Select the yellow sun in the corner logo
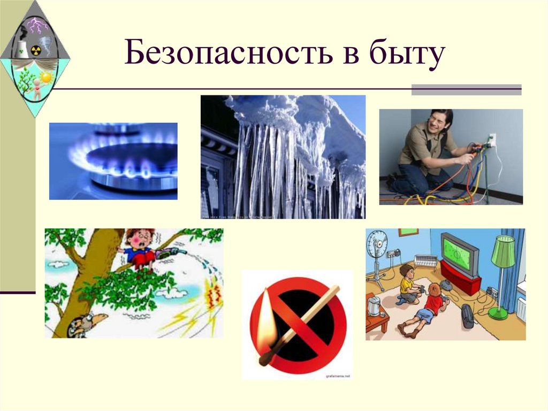46,77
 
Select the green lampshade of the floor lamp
503,251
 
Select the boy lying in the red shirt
425,311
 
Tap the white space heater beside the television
427,261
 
